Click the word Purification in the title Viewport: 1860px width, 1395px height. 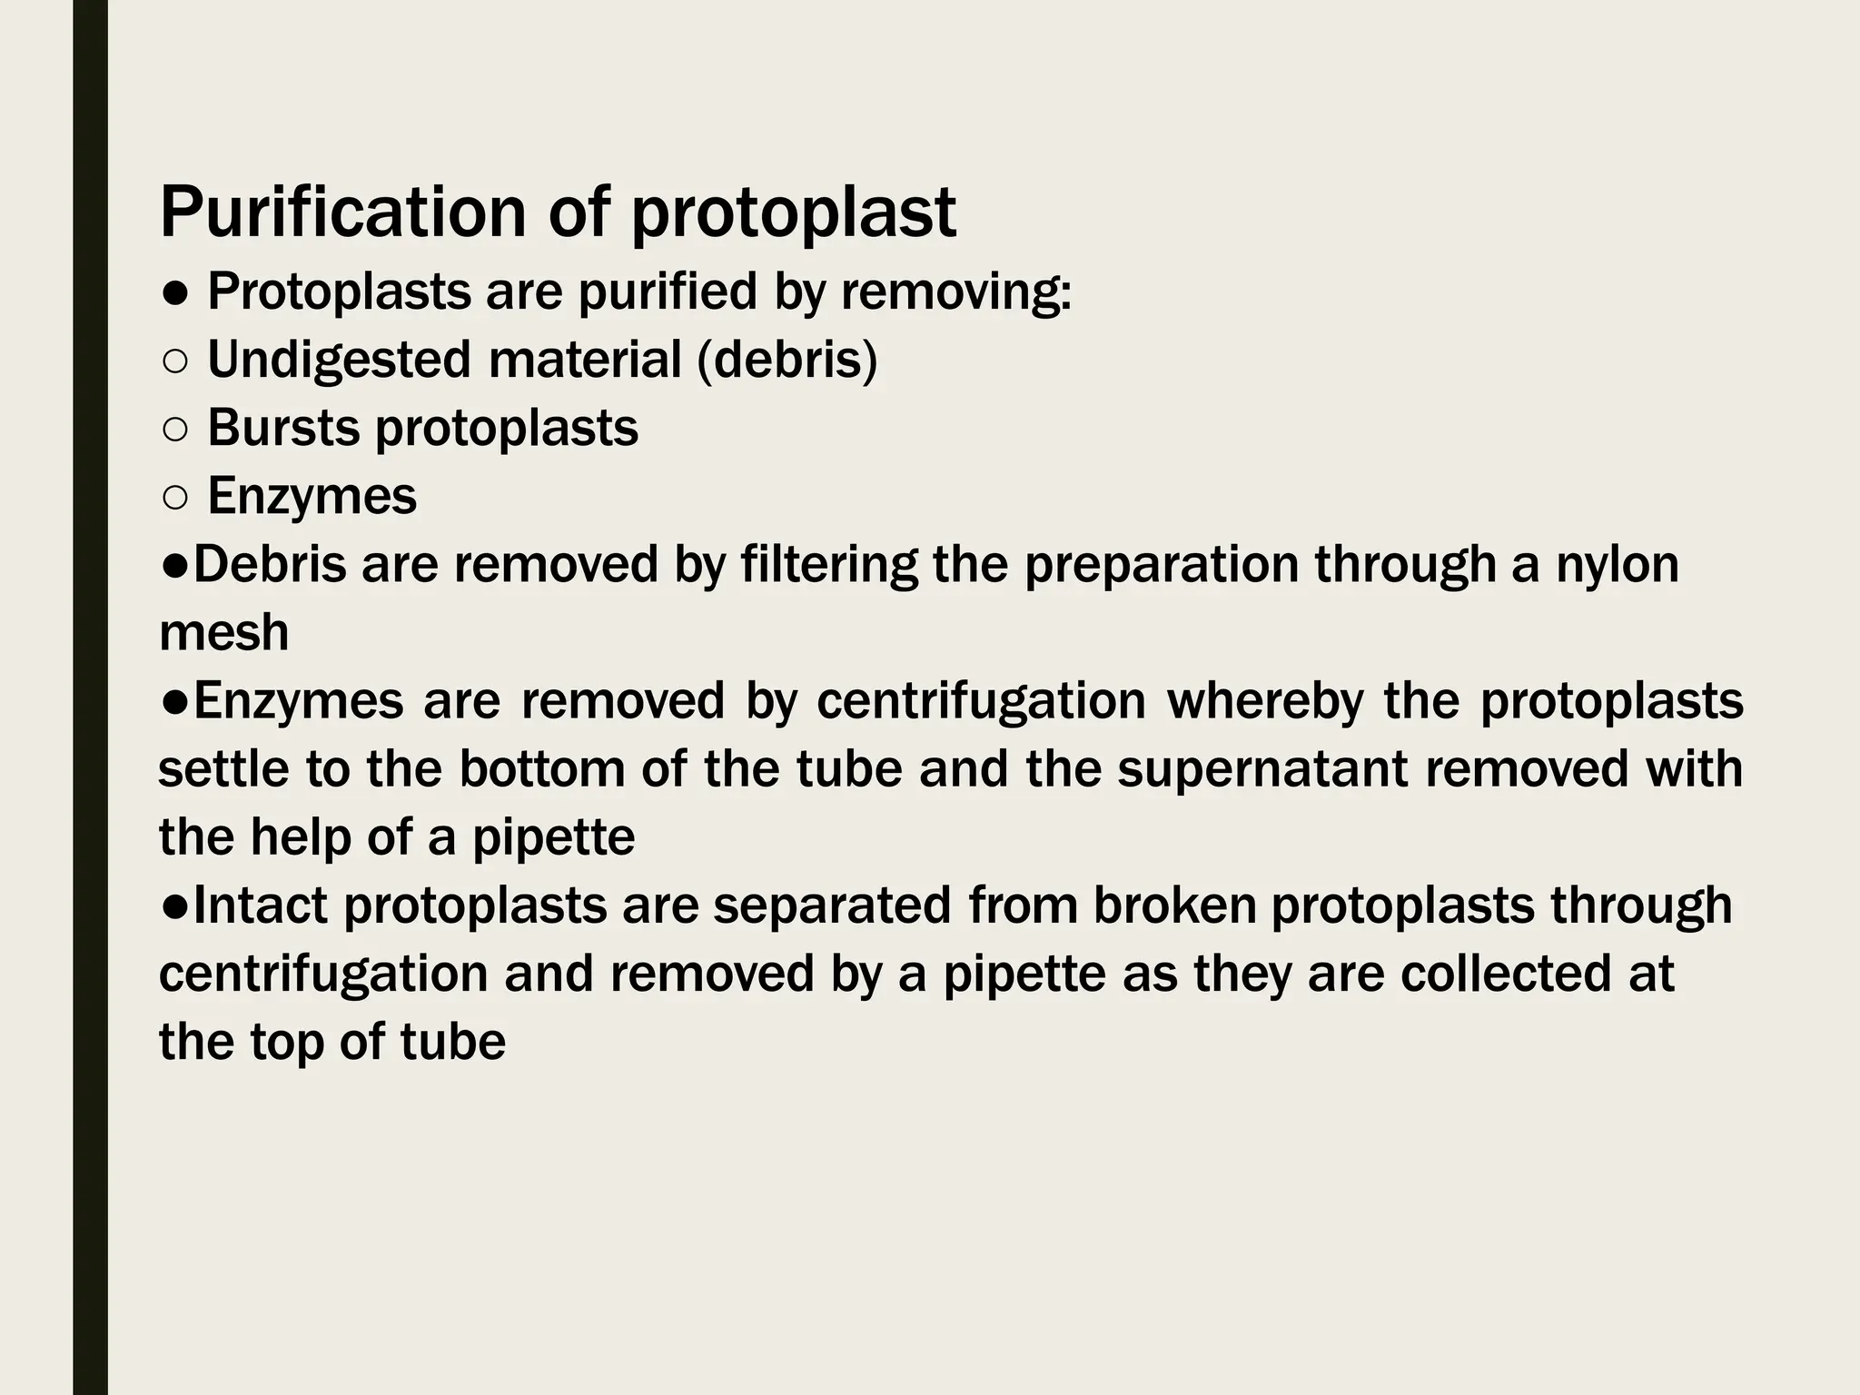[x=342, y=213]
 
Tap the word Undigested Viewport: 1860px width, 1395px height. [x=339, y=360]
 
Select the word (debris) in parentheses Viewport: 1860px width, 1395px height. [x=787, y=360]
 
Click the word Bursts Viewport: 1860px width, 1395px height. [x=282, y=428]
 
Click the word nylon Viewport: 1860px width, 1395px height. [x=1618, y=564]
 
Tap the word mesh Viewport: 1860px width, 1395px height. [x=223, y=633]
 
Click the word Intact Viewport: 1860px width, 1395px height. [x=260, y=905]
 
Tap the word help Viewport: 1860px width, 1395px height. [x=301, y=837]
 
